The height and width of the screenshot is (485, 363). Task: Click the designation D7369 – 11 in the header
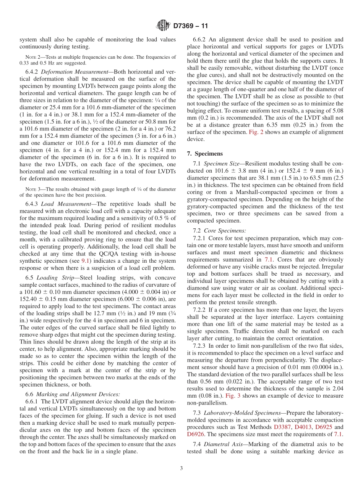point(190,26)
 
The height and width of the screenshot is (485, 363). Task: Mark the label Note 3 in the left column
point(31,189)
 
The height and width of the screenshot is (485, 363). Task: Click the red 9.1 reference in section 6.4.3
point(86,260)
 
